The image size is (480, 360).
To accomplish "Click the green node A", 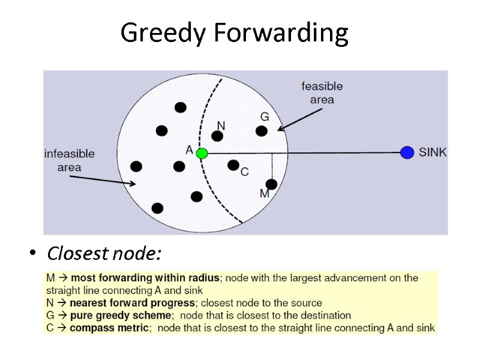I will tap(202, 154).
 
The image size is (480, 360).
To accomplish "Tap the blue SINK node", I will tap(407, 152).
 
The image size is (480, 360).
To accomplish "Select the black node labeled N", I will tap(217, 136).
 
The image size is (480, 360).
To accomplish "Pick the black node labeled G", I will tap(262, 131).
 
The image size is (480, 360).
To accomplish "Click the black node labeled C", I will tap(233, 164).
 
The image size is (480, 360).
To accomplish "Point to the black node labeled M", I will tap(271, 184).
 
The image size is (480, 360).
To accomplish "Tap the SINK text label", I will tap(433, 152).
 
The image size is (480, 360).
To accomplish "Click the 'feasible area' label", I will tap(322, 93).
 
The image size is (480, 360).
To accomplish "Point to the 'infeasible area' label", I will tap(70, 160).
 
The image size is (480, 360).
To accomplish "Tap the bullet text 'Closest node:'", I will tap(104, 254).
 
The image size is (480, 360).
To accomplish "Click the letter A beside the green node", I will tap(190, 151).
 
